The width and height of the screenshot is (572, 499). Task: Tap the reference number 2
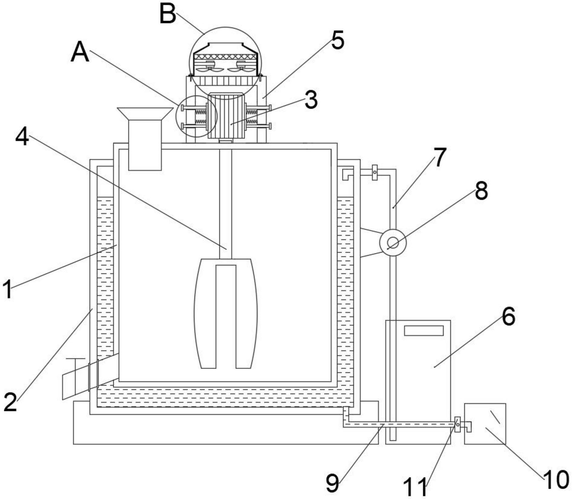(10, 402)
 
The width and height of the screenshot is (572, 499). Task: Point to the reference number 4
(22, 136)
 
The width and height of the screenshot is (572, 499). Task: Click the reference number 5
(338, 40)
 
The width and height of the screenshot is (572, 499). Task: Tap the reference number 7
(440, 157)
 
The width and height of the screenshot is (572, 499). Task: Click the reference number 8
(481, 190)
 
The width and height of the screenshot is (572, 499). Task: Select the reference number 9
(332, 483)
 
